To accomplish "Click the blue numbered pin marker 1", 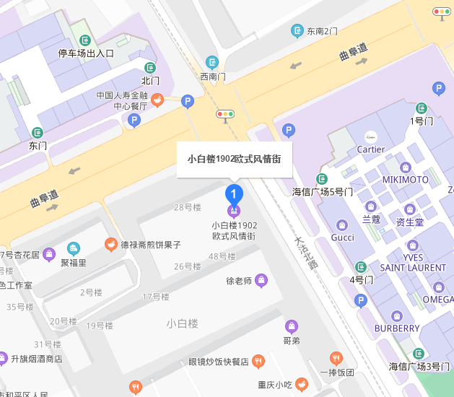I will pyautogui.click(x=234, y=194).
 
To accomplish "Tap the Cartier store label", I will pyautogui.click(x=370, y=149).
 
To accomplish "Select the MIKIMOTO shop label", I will pyautogui.click(x=405, y=179).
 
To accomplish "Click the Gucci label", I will pyautogui.click(x=342, y=237).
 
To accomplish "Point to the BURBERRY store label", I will pyautogui.click(x=396, y=328).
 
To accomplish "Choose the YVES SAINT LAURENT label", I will pyautogui.click(x=413, y=263).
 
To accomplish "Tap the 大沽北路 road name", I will pyautogui.click(x=306, y=253).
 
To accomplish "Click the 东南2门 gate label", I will pyautogui.click(x=322, y=31).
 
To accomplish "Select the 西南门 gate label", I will pyautogui.click(x=213, y=76).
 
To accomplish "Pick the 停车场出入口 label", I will pyautogui.click(x=86, y=53).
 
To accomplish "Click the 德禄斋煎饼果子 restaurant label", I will pyautogui.click(x=150, y=245).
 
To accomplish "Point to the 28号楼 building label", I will pyautogui.click(x=187, y=208).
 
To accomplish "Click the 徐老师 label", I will pyautogui.click(x=239, y=281).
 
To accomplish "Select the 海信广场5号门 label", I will pyautogui.click(x=323, y=192).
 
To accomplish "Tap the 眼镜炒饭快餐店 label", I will pyautogui.click(x=219, y=362).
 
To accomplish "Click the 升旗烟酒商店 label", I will pyautogui.click(x=36, y=359).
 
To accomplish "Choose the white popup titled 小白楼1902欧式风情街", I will pyautogui.click(x=235, y=159).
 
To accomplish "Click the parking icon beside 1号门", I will pyautogui.click(x=438, y=89).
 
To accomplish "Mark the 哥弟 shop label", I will pyautogui.click(x=292, y=340).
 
